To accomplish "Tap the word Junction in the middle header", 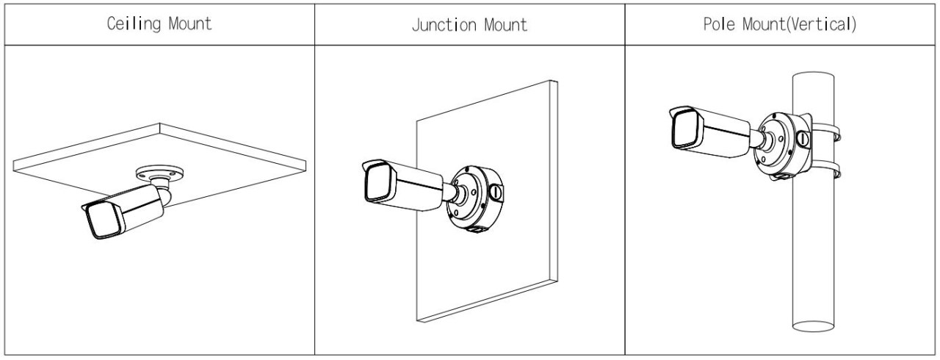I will (441, 25).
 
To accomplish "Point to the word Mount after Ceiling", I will (188, 24).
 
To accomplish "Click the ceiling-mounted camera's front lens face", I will (99, 220).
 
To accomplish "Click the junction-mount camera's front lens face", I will (378, 184).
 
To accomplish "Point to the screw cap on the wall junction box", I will (496, 192).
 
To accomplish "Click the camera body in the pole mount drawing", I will (723, 133).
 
